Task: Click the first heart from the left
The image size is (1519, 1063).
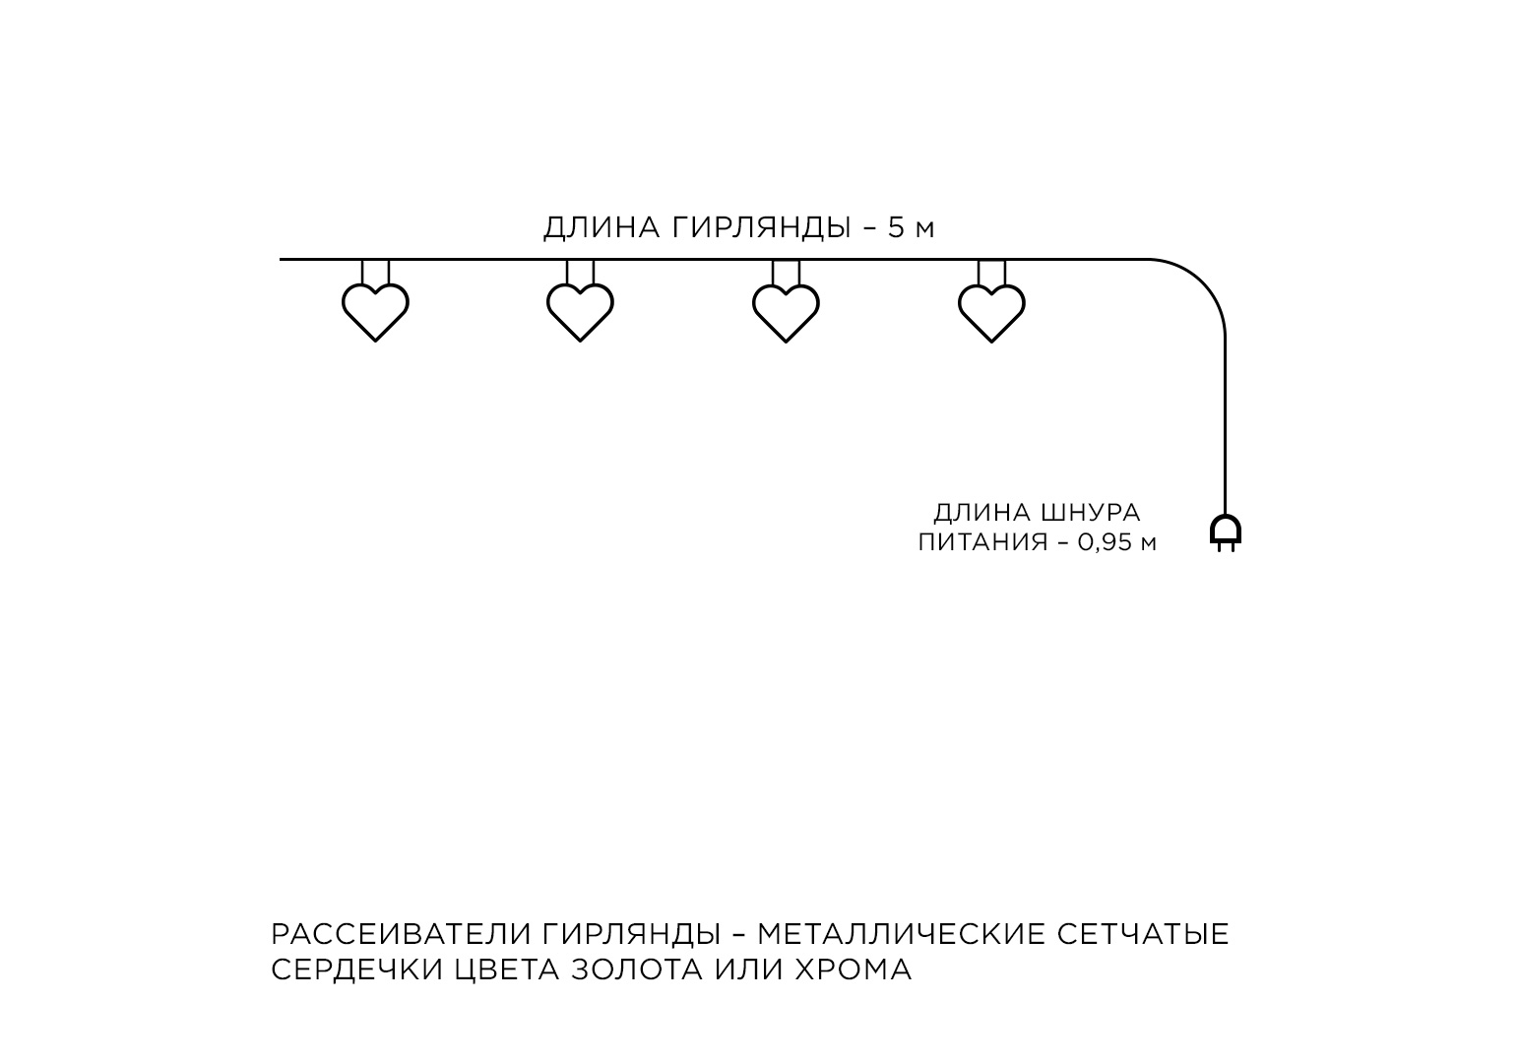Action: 375,310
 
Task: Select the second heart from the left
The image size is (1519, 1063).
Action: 580,310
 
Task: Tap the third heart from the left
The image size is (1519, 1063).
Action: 786,310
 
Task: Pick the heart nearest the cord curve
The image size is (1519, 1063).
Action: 991,310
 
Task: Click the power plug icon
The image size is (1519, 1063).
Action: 1225,531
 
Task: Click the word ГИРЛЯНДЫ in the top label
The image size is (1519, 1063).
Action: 763,228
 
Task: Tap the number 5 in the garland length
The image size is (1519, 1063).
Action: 896,228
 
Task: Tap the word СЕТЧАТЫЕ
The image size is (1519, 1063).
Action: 1144,934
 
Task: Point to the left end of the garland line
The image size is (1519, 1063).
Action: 283,259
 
